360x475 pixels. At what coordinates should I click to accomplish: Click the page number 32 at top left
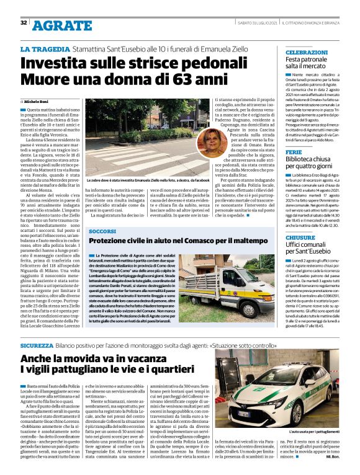pos(23,23)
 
